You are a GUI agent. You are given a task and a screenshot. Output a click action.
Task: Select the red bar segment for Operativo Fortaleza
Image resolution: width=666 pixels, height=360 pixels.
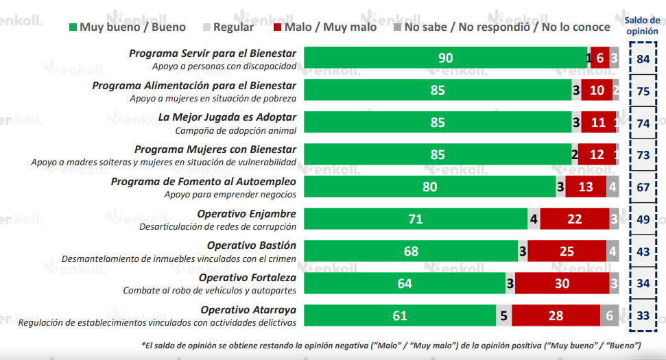point(562,283)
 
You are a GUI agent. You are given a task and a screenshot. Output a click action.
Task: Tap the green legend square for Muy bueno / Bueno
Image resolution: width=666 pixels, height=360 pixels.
point(73,27)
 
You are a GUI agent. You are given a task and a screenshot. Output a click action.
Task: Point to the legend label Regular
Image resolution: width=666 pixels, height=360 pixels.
point(233,27)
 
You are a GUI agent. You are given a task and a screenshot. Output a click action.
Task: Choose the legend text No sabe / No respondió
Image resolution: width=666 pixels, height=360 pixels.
point(506,27)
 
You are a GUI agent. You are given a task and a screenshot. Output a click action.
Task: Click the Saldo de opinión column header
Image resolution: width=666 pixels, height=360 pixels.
point(642,25)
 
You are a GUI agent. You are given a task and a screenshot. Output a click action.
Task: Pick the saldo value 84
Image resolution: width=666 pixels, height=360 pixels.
point(643,59)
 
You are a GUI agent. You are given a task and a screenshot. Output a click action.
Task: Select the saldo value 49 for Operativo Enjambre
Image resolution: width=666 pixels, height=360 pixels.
point(643,219)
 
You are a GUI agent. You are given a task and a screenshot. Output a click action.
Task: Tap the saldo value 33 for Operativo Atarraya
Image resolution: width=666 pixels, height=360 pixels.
point(643,316)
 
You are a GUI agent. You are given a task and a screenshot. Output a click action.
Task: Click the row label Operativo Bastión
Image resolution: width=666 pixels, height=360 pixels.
point(252,245)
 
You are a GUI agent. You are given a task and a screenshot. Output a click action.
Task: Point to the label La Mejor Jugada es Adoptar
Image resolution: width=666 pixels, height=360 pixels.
point(227,117)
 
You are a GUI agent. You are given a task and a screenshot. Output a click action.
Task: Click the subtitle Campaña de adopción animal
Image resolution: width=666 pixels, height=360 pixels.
point(236,130)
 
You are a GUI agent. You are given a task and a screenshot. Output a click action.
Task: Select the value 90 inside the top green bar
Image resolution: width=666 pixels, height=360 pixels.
point(446,58)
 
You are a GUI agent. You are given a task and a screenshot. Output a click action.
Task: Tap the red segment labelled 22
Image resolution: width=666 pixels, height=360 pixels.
point(574,219)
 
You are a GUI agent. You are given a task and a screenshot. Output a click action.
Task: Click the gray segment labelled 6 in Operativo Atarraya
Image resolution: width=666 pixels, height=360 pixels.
point(610,315)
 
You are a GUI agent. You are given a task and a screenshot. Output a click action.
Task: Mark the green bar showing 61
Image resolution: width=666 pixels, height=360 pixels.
point(399,315)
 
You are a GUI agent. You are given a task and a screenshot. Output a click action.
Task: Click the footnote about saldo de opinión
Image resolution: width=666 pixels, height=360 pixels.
point(391,344)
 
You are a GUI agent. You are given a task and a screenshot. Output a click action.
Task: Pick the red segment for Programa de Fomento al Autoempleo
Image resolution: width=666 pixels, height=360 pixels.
point(586,187)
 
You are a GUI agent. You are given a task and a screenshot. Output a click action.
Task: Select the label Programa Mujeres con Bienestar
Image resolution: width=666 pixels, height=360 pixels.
point(215,149)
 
